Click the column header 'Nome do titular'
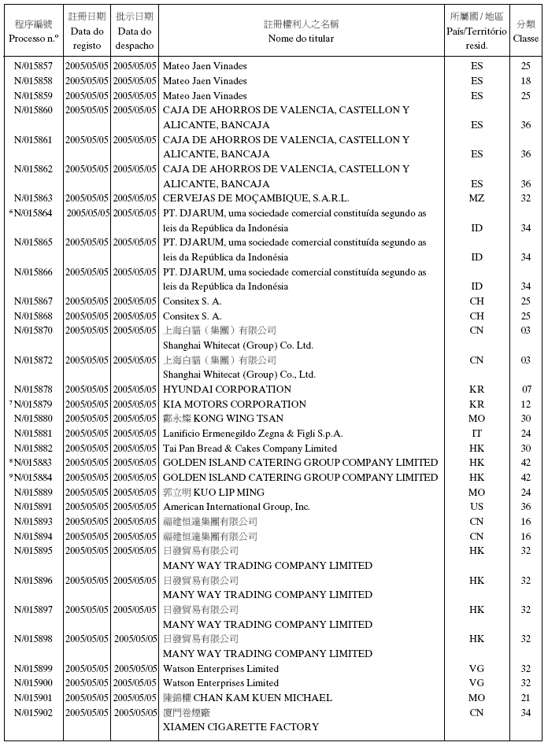(x=301, y=39)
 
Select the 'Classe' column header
(x=526, y=39)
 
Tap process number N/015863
(x=34, y=198)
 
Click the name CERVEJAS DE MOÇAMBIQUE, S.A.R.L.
(x=255, y=198)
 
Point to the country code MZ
(x=476, y=198)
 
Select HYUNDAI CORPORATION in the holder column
(x=227, y=390)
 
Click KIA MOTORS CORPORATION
(x=235, y=404)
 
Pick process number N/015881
(x=34, y=434)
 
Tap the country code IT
(x=476, y=434)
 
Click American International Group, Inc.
(x=236, y=507)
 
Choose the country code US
(x=476, y=507)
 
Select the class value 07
(x=526, y=390)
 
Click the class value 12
(x=526, y=404)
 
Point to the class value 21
(x=526, y=698)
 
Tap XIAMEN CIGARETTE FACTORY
(x=240, y=727)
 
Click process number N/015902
(x=34, y=712)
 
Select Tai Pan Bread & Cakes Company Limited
(x=250, y=449)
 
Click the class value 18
(x=526, y=81)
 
